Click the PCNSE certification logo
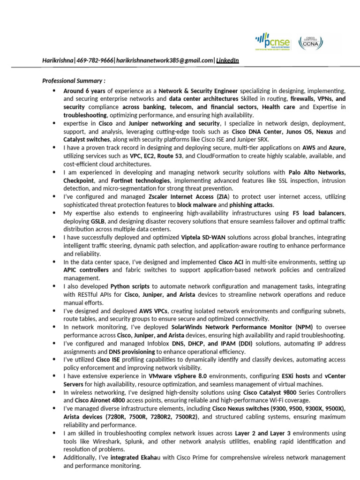tap(272, 42)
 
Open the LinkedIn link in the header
tap(227, 60)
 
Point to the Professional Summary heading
tap(74, 81)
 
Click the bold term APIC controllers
tap(86, 270)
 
